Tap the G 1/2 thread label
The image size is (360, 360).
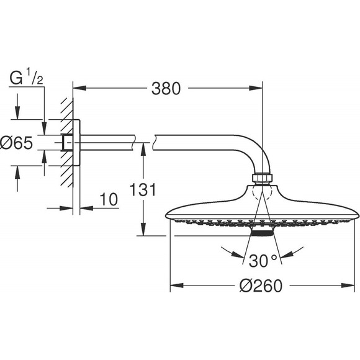tap(25, 79)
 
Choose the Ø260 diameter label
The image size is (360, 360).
tap(260, 286)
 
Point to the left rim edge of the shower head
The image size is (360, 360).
tap(169, 217)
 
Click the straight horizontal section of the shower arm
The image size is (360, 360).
tap(112, 143)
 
